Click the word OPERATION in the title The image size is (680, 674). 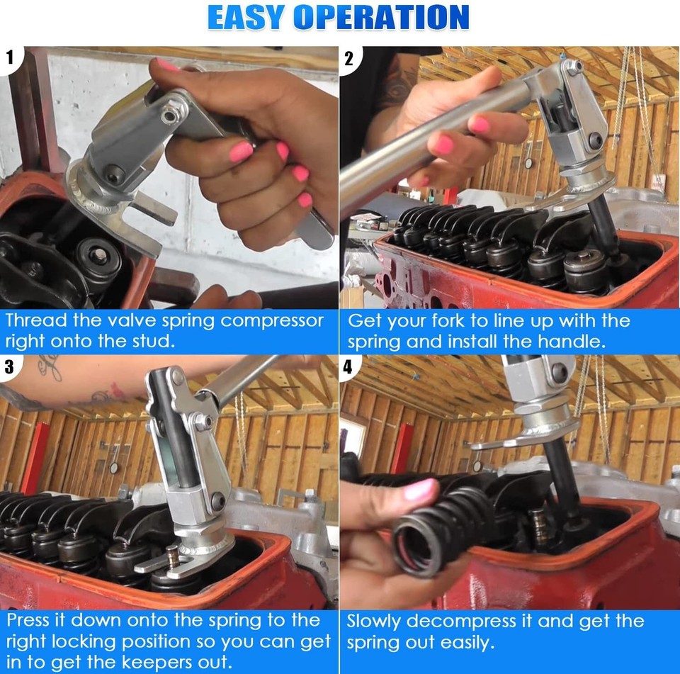381,18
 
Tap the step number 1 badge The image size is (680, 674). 11,58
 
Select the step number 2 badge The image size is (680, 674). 349,58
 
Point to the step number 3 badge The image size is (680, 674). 11,366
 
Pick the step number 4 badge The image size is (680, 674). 349,366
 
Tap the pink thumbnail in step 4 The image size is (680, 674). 417,489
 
